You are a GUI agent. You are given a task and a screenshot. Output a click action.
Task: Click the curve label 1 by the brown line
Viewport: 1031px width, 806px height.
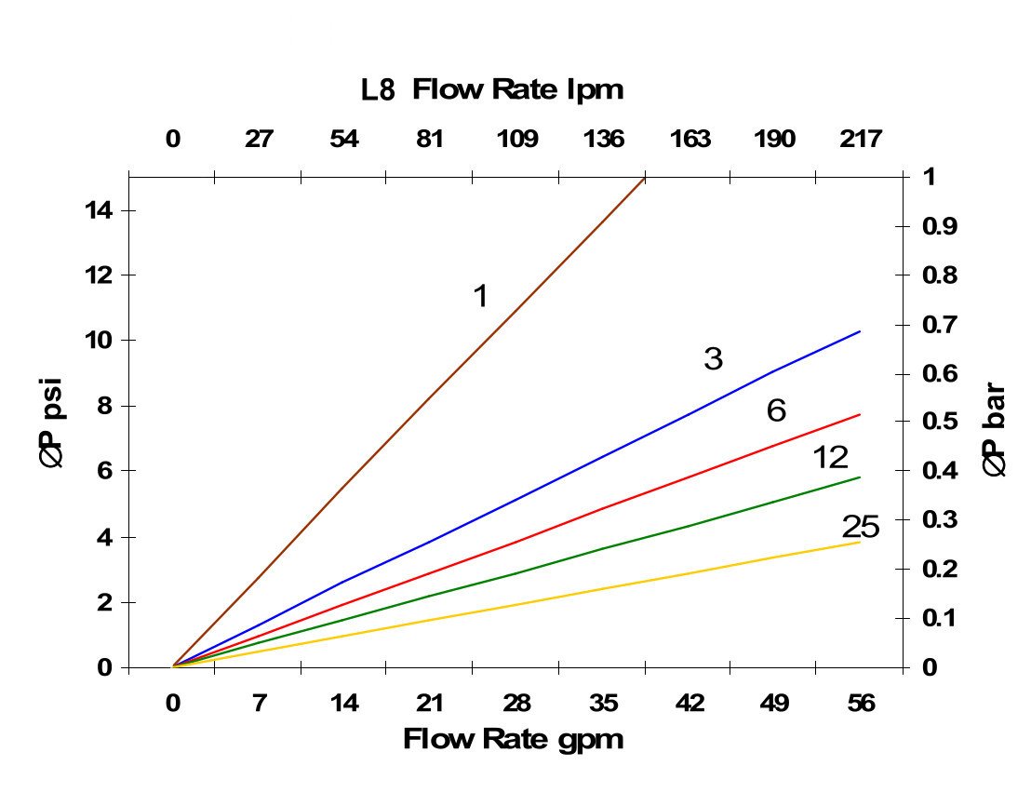coord(480,296)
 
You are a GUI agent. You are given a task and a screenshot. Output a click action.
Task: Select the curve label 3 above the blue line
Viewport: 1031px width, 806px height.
coord(713,359)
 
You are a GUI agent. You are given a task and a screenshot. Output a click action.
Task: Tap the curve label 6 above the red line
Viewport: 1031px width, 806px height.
coord(776,410)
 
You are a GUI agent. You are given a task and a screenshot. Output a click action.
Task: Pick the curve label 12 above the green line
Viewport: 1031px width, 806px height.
coord(830,457)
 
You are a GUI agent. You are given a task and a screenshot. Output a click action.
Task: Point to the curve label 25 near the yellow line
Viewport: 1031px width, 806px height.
coord(861,527)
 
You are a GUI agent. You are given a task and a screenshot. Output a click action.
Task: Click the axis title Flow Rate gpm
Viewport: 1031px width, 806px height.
coord(513,740)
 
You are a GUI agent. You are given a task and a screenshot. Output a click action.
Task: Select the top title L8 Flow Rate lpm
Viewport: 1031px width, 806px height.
coord(492,90)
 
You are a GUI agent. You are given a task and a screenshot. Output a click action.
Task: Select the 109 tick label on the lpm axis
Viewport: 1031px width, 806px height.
coord(517,140)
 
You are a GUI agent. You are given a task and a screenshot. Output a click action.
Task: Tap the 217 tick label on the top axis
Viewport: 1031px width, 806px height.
coord(861,140)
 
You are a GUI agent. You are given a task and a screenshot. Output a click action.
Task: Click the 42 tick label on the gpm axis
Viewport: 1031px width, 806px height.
coord(690,704)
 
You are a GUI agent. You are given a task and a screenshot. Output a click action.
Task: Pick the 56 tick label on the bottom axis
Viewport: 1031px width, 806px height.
coord(861,704)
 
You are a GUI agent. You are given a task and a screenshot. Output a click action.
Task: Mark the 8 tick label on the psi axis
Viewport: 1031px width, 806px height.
coord(105,407)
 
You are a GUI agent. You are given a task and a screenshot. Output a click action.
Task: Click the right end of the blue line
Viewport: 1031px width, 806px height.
coord(860,331)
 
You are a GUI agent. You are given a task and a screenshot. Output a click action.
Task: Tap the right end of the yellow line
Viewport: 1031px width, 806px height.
coord(860,542)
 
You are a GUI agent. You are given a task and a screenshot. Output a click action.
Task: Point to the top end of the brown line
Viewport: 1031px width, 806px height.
coord(644,177)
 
